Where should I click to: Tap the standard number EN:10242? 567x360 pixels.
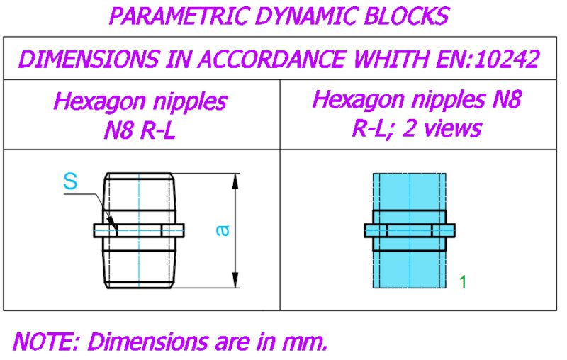point(488,59)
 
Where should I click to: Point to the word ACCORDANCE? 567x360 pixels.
point(271,59)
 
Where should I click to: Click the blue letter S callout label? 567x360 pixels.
point(70,181)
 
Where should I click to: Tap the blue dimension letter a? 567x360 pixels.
point(223,230)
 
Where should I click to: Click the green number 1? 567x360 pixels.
point(463,281)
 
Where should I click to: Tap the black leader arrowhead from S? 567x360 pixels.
point(113,223)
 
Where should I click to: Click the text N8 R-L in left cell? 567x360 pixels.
point(140,130)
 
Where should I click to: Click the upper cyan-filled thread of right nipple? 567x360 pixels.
point(410,191)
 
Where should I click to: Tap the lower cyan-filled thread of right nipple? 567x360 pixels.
point(410,269)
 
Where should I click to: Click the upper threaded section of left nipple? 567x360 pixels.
point(139,191)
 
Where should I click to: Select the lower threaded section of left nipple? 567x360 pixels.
point(139,269)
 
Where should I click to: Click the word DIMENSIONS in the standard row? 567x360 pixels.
point(89,59)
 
